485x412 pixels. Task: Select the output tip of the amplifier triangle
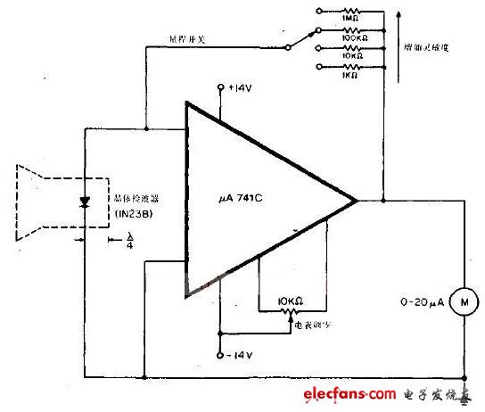click(x=358, y=200)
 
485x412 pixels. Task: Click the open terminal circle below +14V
click(x=220, y=87)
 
